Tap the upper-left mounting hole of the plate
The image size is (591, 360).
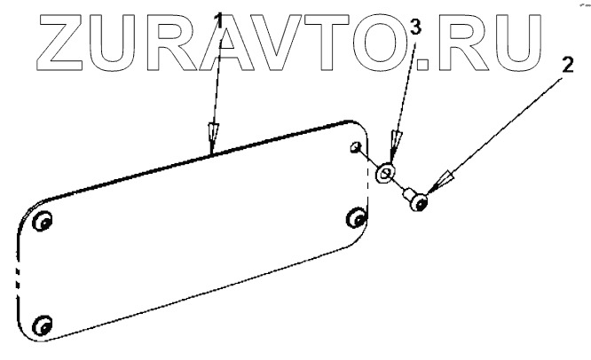41,224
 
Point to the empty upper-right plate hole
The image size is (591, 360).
356,147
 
